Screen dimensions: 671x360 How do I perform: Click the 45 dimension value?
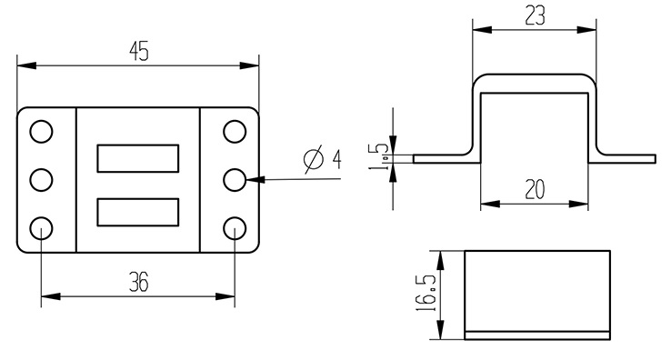[139, 52]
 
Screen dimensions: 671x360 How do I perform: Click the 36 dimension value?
[139, 283]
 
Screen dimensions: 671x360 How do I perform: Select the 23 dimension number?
[535, 16]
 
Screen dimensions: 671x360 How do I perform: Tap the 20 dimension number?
[535, 190]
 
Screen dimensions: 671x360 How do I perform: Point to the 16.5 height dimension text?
[426, 294]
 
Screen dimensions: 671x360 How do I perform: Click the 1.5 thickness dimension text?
[378, 156]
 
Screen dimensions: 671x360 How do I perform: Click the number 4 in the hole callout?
[337, 159]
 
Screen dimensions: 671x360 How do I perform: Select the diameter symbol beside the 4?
[314, 159]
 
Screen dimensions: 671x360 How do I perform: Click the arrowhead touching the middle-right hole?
[255, 179]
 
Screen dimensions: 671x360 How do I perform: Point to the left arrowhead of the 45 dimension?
[26, 65]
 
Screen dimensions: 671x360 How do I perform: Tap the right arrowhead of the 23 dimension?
[586, 30]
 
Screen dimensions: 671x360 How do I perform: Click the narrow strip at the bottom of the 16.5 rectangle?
[537, 335]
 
